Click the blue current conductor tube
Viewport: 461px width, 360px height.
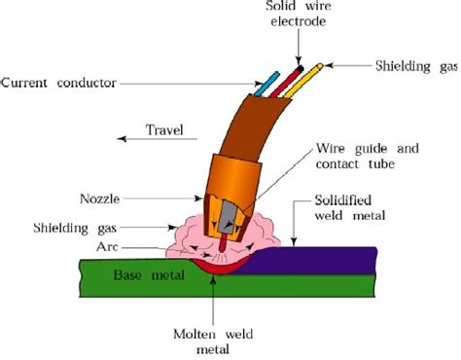267,84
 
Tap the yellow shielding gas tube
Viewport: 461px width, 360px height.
303,81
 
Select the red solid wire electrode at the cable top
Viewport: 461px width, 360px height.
287,81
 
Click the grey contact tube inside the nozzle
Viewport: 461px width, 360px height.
227,217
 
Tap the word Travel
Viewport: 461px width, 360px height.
164,130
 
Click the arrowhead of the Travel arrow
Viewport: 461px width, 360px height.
122,139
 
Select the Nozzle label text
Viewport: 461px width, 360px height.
100,198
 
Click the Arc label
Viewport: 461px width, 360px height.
107,247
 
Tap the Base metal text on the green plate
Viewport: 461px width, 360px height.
149,275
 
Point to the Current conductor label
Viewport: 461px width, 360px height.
58,83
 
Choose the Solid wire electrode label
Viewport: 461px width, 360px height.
299,14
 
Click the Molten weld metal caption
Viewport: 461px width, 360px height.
213,342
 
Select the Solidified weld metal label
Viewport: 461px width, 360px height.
349,208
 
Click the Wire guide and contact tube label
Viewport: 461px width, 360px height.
368,157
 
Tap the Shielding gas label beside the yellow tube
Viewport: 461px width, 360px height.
416,66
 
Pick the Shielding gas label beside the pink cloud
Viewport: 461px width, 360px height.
75,228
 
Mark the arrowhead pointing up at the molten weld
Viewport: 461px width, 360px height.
213,279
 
